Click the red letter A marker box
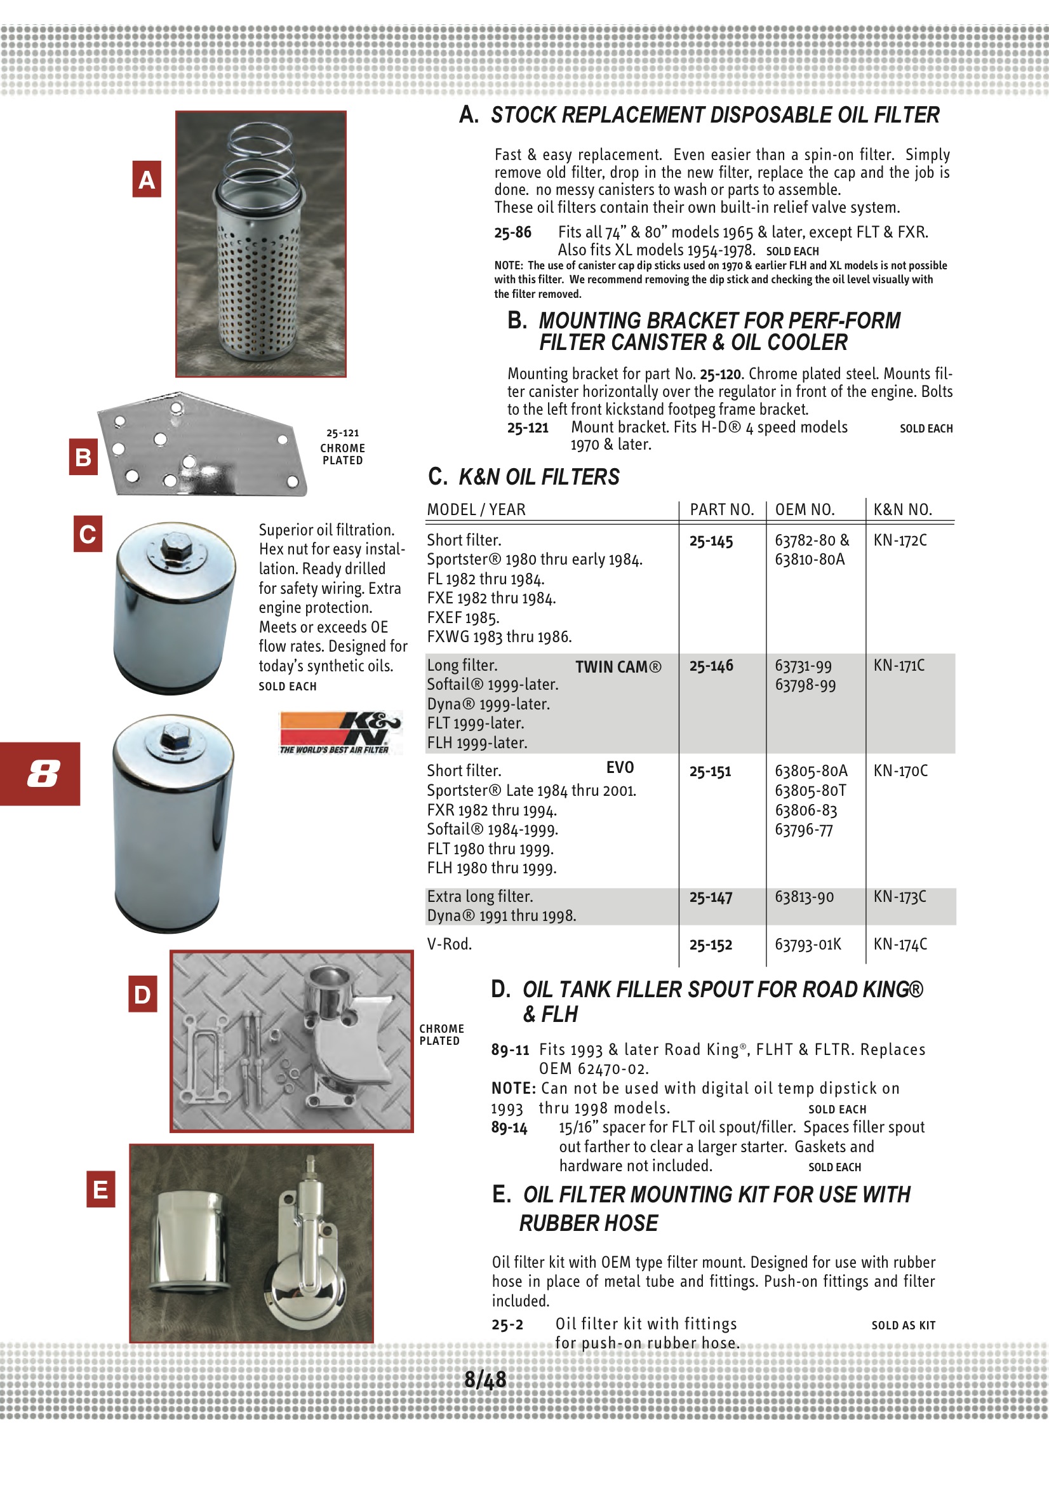pyautogui.click(x=147, y=179)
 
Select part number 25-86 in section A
pyautogui.click(x=512, y=232)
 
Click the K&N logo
pyautogui.click(x=340, y=732)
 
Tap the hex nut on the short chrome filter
pyautogui.click(x=175, y=546)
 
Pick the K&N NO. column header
pyautogui.click(x=902, y=509)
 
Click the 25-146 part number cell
pyautogui.click(x=711, y=666)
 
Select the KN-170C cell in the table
pyautogui.click(x=900, y=770)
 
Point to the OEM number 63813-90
pyautogui.click(x=804, y=897)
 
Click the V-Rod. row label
pyautogui.click(x=449, y=944)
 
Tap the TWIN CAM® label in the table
pyautogui.click(x=618, y=667)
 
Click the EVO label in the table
pyautogui.click(x=620, y=768)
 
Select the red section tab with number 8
pyautogui.click(x=40, y=774)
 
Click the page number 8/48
pyautogui.click(x=485, y=1380)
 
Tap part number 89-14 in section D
pyautogui.click(x=509, y=1128)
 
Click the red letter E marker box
pyautogui.click(x=101, y=1189)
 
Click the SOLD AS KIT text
pyautogui.click(x=903, y=1325)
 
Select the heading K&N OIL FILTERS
pyautogui.click(x=538, y=478)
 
